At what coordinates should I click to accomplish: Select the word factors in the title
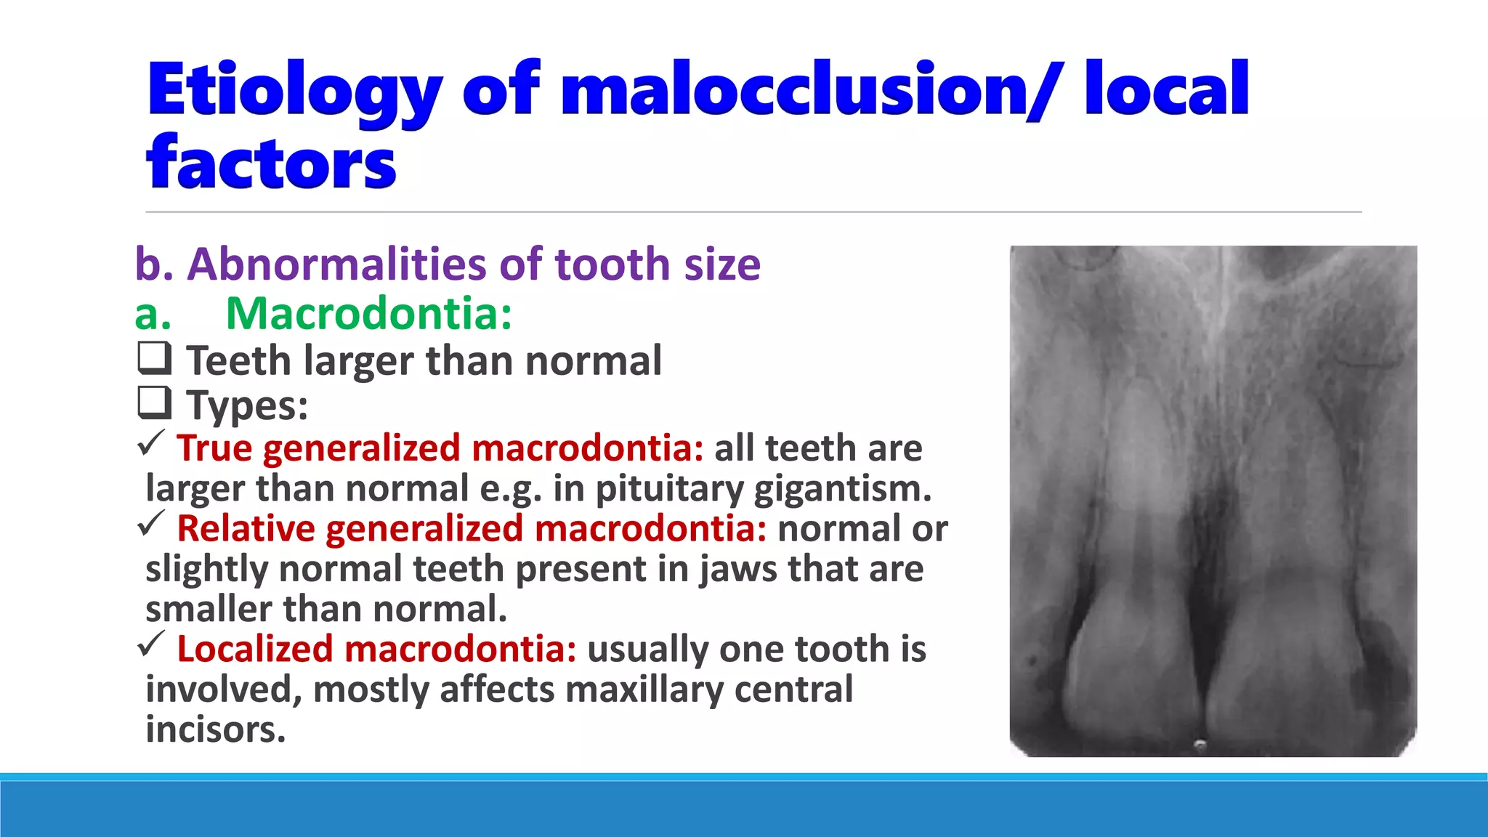tap(271, 163)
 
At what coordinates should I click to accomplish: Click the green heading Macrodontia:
tap(368, 314)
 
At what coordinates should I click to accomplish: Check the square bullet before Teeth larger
tap(154, 358)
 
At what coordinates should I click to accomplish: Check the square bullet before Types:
tap(154, 403)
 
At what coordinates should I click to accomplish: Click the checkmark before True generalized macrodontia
tap(151, 443)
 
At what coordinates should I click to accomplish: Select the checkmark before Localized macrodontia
tap(151, 644)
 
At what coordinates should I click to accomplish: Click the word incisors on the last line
tap(215, 729)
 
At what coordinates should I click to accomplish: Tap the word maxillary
tap(644, 690)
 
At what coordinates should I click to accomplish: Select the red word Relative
tap(246, 528)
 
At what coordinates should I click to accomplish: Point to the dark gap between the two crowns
tap(1202, 654)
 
